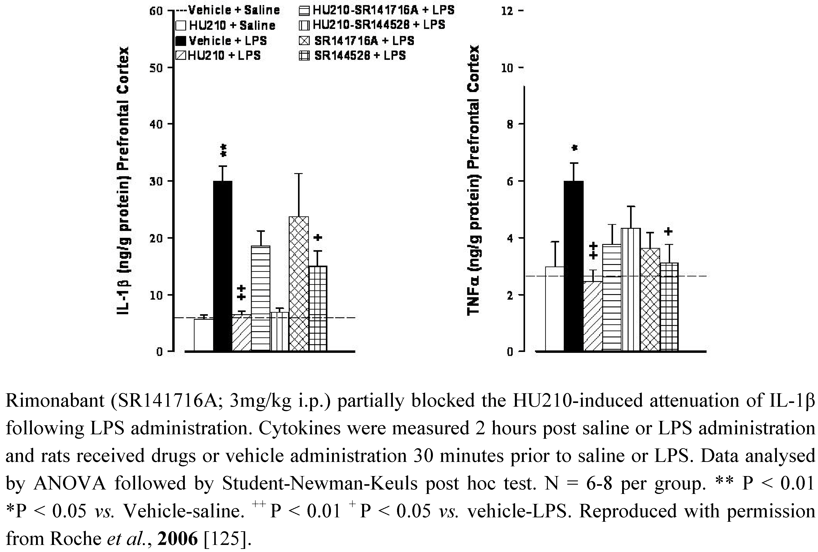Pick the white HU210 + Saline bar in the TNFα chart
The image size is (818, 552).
click(x=555, y=309)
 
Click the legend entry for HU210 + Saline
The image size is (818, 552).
click(x=225, y=26)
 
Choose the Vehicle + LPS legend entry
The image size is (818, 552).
click(x=221, y=41)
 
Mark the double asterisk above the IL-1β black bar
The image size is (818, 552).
click(x=223, y=151)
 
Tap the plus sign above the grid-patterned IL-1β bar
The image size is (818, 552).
click(x=318, y=238)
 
